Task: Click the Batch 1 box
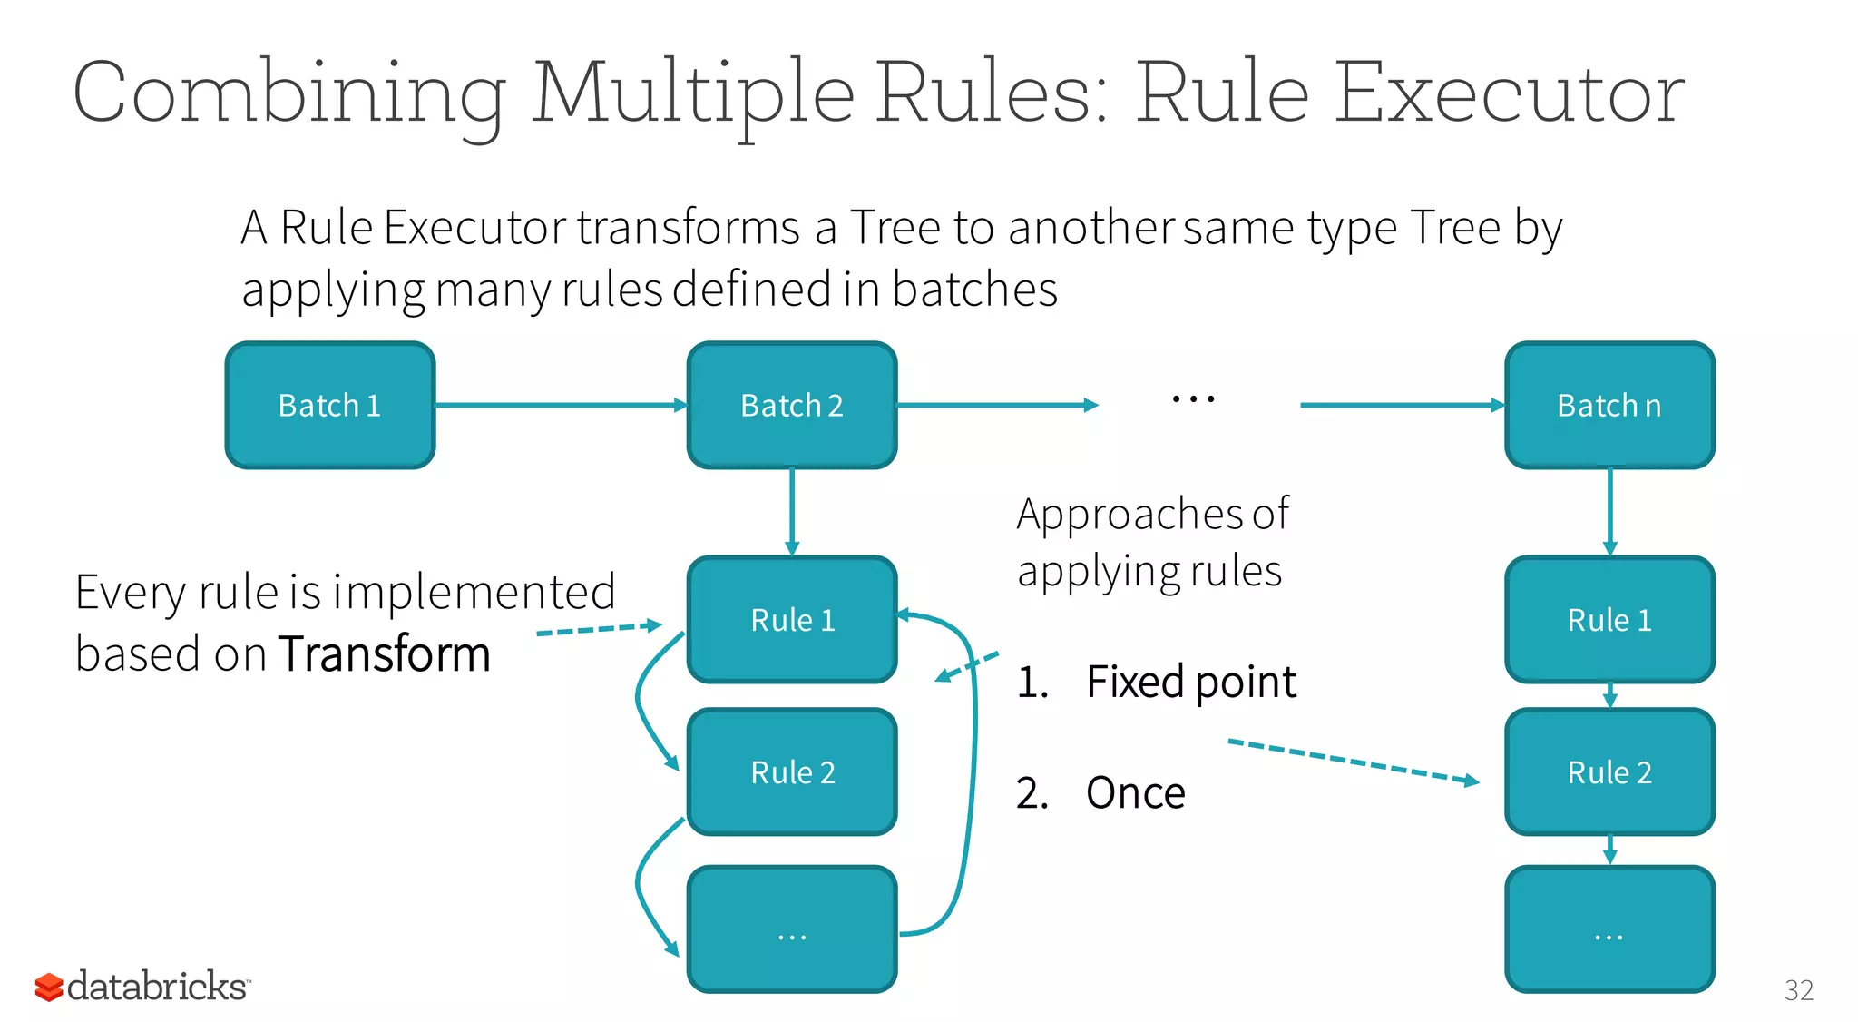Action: [330, 406]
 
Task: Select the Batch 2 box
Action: [792, 406]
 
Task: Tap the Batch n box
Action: [1609, 406]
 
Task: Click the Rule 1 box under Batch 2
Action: [792, 620]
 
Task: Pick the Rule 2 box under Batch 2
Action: [792, 772]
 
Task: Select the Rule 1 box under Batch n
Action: [1609, 620]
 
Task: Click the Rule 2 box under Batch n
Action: [1609, 772]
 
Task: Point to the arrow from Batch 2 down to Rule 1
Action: [792, 511]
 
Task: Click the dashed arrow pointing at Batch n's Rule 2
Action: [1352, 761]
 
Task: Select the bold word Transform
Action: [385, 654]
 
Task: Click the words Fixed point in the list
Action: [1191, 682]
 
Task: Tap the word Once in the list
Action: [1136, 793]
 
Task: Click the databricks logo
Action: [142, 987]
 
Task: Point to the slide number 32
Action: [1799, 990]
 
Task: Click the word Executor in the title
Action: [1509, 93]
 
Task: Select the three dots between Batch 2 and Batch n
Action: [1193, 398]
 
